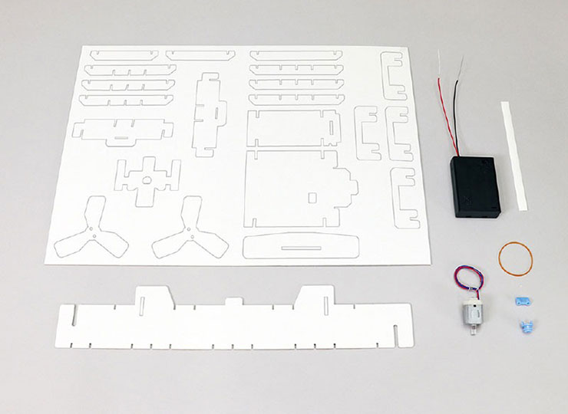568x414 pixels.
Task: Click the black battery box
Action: pyautogui.click(x=477, y=186)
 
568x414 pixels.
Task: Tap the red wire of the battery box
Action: pyautogui.click(x=444, y=107)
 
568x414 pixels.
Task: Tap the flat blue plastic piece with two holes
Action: pyautogui.click(x=522, y=301)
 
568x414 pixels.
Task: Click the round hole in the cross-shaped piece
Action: pyautogui.click(x=147, y=181)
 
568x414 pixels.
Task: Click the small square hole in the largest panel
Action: pyautogui.click(x=312, y=197)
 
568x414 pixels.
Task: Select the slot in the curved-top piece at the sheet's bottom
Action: pyautogui.click(x=300, y=247)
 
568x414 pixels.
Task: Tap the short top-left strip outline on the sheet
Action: pyautogui.click(x=124, y=54)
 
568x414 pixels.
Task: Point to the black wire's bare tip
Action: pyautogui.click(x=463, y=60)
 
